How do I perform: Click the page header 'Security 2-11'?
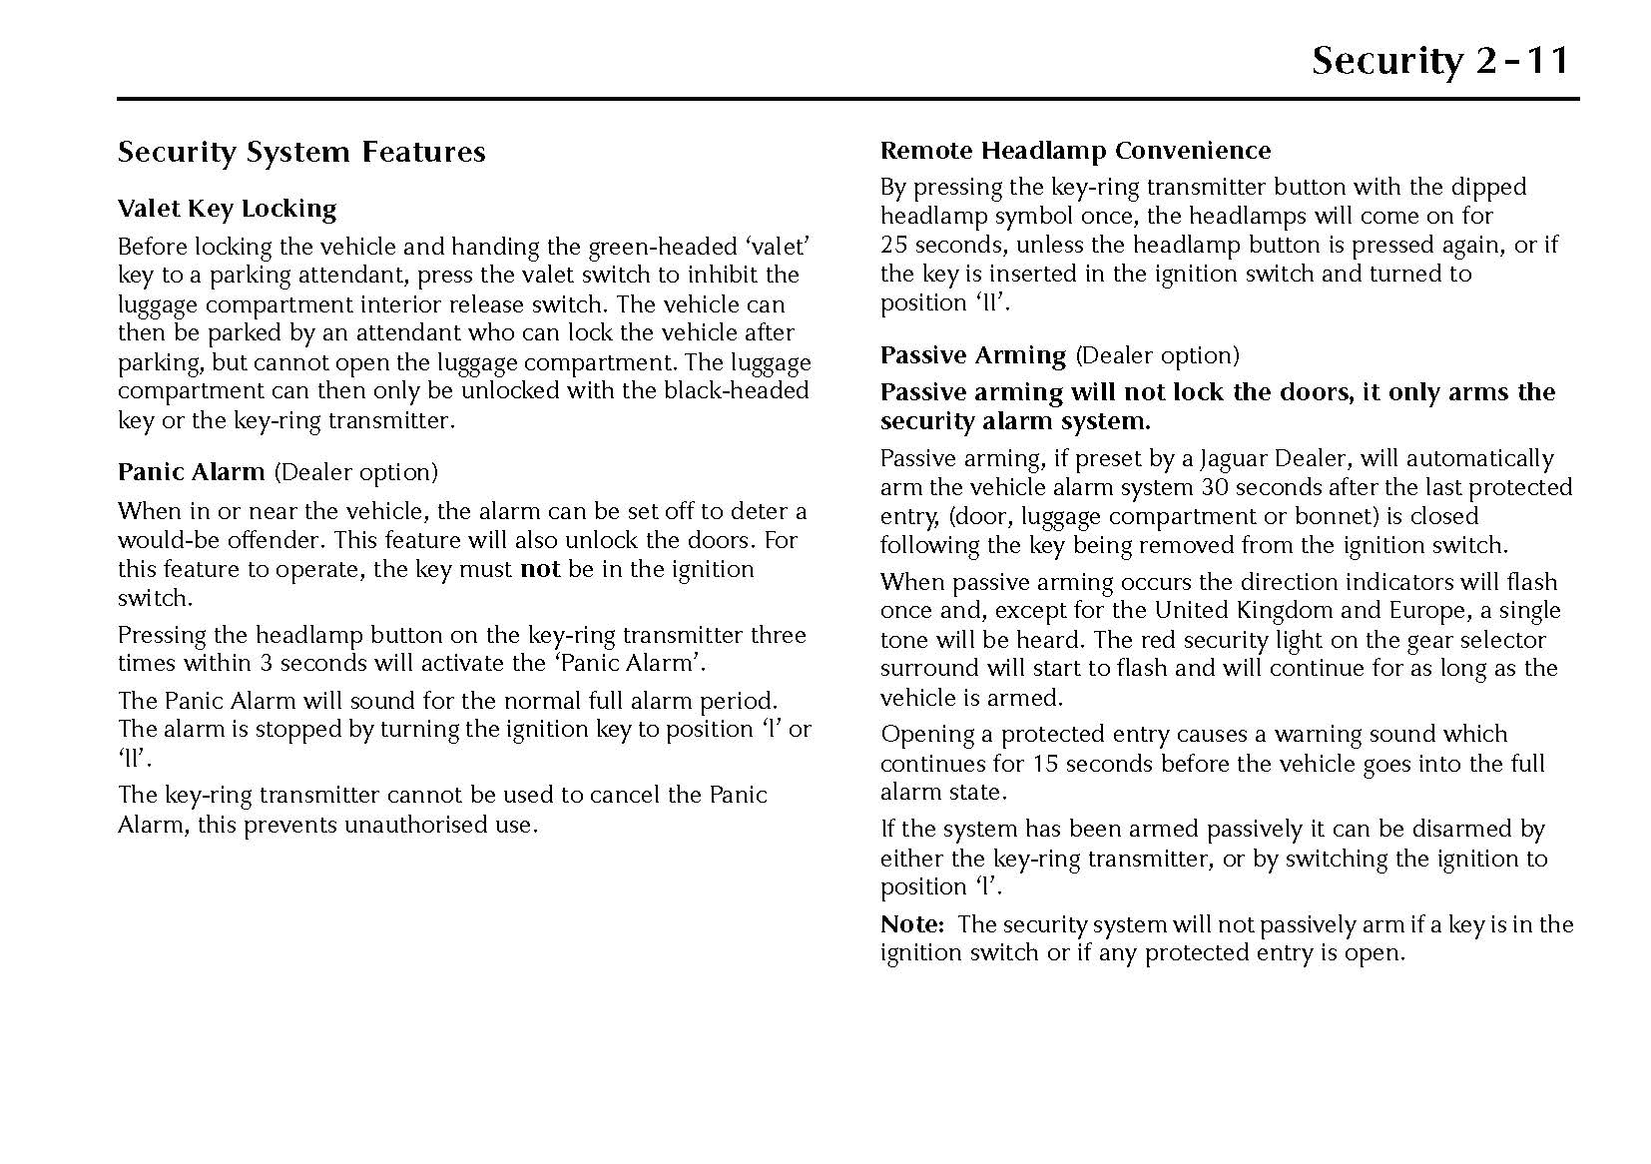1439,61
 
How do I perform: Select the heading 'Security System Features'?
301,152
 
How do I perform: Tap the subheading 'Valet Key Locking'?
227,209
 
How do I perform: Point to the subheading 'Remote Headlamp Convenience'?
1075,151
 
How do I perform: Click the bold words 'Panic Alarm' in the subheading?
191,471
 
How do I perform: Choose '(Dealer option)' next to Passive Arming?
1157,355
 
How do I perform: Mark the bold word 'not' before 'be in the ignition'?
540,569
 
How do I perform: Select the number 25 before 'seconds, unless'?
893,245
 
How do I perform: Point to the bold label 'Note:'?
911,924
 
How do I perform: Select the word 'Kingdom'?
1285,610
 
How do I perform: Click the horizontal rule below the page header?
847,100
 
